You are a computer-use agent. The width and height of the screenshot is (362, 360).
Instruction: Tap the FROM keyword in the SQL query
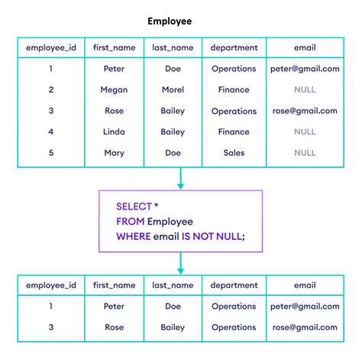(130, 222)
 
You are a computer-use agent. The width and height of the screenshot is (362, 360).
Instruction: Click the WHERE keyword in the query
(133, 236)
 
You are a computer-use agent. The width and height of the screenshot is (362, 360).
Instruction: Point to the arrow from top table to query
(180, 179)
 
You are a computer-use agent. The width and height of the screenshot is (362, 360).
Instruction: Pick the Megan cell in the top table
(114, 89)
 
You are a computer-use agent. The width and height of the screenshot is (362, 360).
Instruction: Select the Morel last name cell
(173, 89)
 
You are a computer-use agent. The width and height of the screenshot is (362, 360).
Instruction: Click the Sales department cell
(234, 153)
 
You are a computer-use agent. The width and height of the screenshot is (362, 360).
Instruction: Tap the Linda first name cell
(114, 132)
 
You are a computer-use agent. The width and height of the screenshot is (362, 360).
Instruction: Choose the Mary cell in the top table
(114, 153)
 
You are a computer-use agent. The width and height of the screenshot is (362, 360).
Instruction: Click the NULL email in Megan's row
(304, 89)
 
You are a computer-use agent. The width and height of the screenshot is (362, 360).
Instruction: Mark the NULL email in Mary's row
(304, 153)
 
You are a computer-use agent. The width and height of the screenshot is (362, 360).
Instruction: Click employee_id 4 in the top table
(51, 132)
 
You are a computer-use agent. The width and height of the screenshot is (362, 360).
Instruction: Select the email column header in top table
(304, 47)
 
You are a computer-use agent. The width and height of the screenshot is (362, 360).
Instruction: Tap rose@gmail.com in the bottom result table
(304, 327)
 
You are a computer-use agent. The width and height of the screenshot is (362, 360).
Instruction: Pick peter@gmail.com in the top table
(304, 69)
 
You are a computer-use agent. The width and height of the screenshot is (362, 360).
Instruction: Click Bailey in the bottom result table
(173, 327)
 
